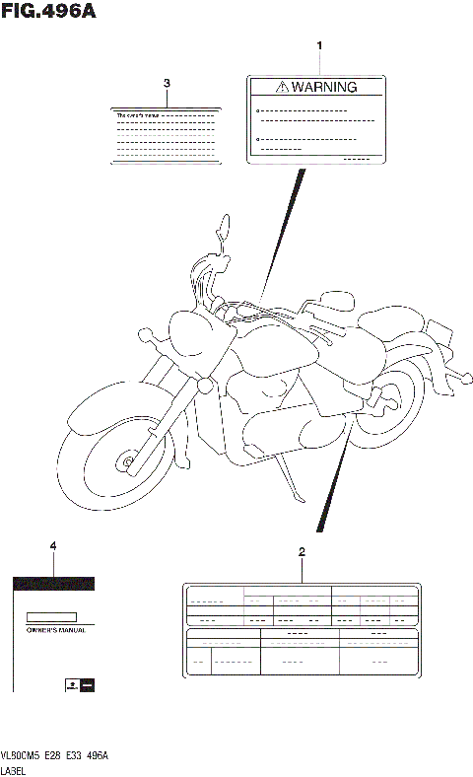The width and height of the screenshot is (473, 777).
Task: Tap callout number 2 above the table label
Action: click(302, 551)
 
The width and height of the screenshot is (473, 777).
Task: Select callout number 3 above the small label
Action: click(167, 83)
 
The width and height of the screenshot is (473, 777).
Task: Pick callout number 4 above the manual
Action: click(53, 545)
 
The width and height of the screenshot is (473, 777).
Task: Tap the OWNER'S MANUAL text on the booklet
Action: click(55, 629)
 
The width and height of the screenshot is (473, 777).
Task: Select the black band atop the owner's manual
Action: click(53, 583)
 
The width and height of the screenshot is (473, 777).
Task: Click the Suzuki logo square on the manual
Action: click(72, 682)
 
